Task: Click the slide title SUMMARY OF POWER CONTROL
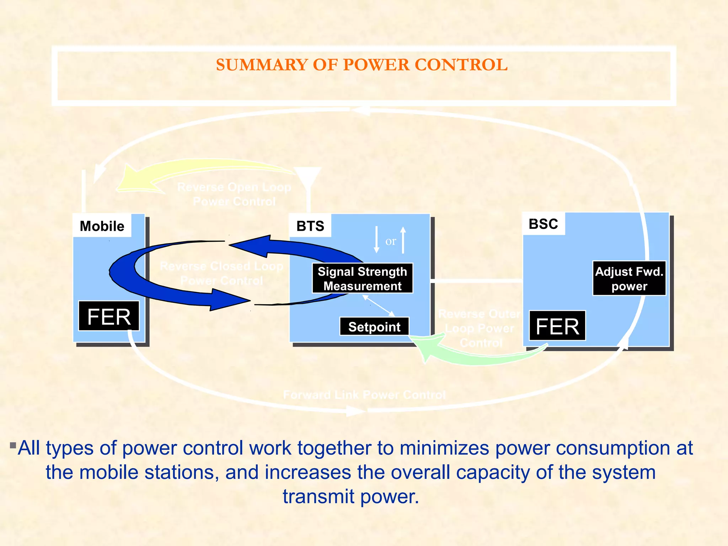click(x=362, y=65)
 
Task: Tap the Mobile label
click(x=102, y=226)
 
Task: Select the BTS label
click(x=310, y=226)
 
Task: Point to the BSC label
click(x=543, y=224)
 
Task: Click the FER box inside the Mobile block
click(x=109, y=316)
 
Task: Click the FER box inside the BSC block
click(x=557, y=326)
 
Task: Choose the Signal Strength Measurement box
click(x=362, y=279)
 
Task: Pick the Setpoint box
click(x=374, y=327)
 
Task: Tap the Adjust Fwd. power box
click(x=629, y=279)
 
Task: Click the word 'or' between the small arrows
click(x=391, y=241)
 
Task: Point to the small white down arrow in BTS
click(x=376, y=240)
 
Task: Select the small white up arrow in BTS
click(x=403, y=240)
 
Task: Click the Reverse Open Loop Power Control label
click(x=234, y=194)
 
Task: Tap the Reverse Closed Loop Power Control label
click(x=221, y=273)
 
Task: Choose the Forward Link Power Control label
click(x=364, y=395)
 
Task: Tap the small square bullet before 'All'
click(x=13, y=445)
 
